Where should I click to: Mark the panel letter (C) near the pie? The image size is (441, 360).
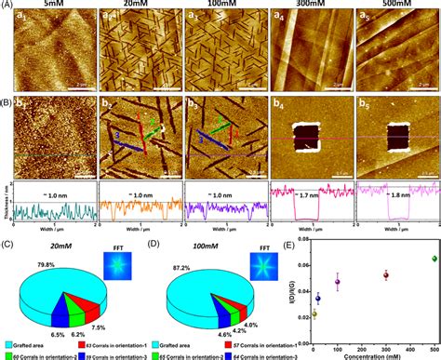(x=8, y=247)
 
